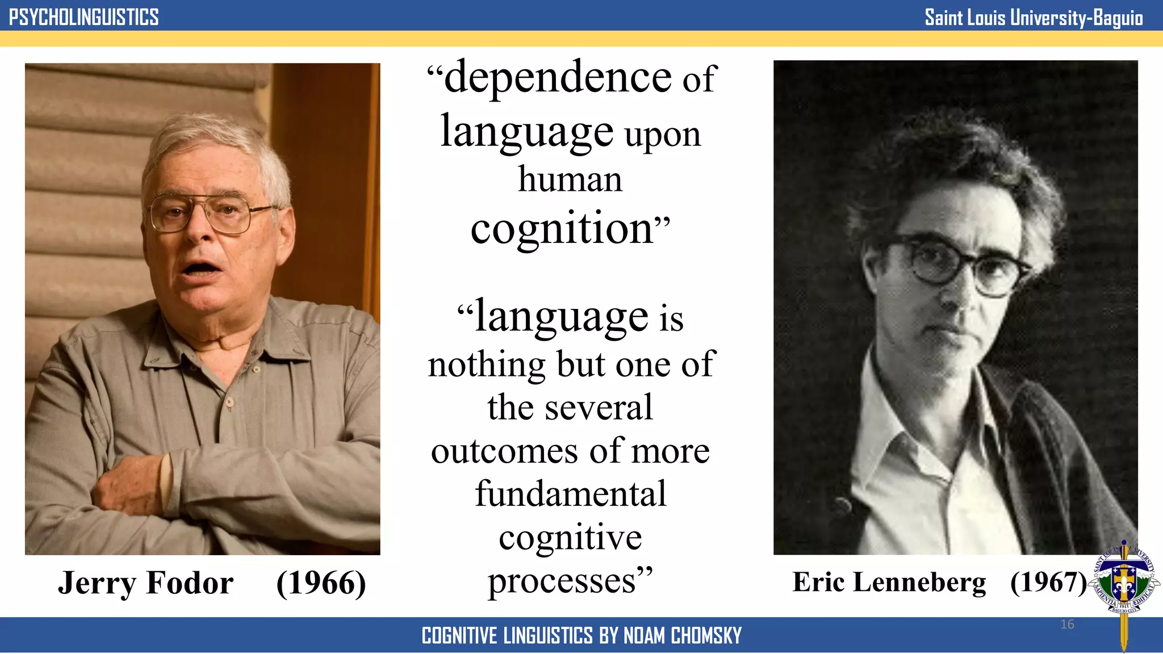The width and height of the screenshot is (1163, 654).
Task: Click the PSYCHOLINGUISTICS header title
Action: [83, 17]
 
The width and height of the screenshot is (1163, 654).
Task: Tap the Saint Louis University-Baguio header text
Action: [1033, 18]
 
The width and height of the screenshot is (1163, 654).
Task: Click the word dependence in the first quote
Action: [558, 77]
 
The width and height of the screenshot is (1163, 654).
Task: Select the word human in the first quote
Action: [570, 179]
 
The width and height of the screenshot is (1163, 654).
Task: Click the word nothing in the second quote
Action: [487, 364]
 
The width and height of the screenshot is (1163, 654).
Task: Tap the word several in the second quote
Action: [599, 408]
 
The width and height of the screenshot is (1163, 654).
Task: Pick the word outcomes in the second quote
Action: [504, 452]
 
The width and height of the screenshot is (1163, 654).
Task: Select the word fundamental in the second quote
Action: [571, 494]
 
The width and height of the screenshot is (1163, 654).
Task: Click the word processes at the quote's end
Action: [562, 581]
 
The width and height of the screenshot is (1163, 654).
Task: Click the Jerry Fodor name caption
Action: [145, 583]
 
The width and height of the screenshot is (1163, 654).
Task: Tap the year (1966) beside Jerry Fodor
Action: [321, 583]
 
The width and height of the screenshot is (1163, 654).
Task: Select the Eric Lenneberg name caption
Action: [889, 582]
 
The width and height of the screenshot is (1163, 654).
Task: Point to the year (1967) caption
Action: [1048, 582]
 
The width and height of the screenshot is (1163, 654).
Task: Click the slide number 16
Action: [1067, 624]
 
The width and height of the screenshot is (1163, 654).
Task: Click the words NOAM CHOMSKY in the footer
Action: [683, 636]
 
